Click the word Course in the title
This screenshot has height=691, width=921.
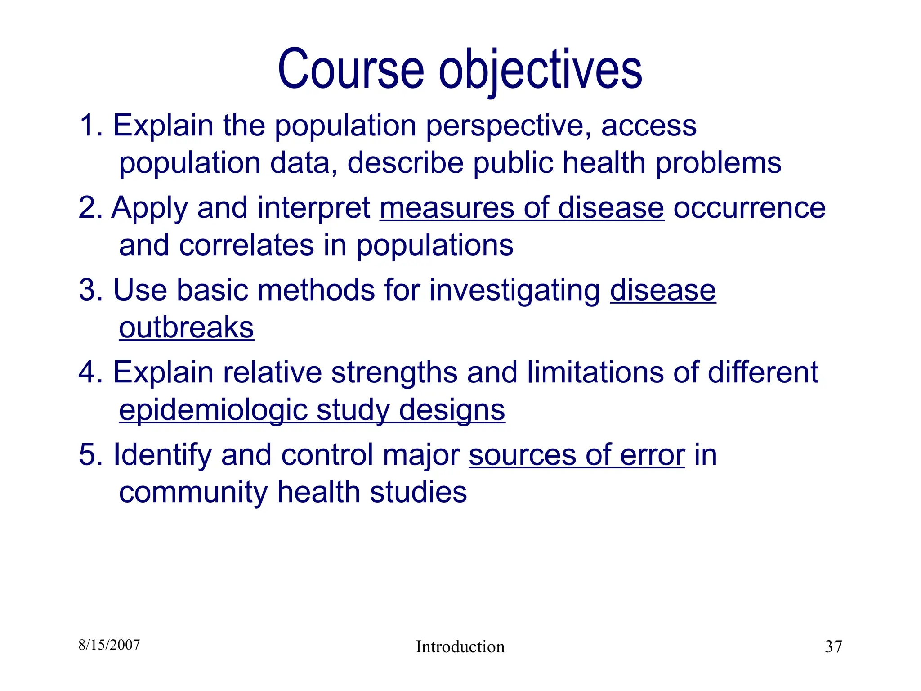coord(351,70)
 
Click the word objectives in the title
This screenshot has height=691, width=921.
coord(540,70)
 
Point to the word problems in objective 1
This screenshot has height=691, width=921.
coord(718,163)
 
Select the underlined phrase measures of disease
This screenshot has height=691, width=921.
coord(522,208)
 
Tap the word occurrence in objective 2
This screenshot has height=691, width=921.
coord(749,208)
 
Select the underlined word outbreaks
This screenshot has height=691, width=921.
coord(186,328)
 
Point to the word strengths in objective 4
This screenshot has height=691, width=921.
coord(394,373)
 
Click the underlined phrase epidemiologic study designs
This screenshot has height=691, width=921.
coord(312,410)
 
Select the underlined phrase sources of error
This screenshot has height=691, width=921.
coord(577,455)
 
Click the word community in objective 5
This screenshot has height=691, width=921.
coord(193,492)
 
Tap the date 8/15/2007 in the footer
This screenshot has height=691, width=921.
coord(109,645)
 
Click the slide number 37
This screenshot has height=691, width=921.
coord(833,646)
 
